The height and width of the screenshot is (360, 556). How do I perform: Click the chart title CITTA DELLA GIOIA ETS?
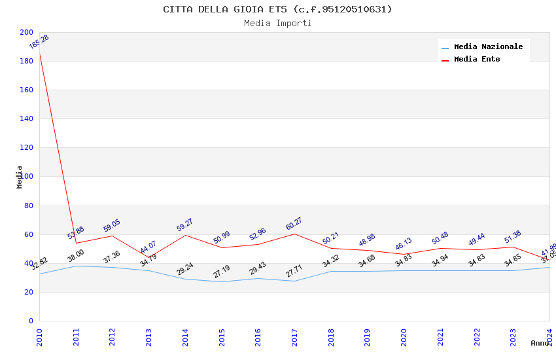[x=277, y=9]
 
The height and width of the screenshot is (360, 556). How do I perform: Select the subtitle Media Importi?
[x=277, y=24]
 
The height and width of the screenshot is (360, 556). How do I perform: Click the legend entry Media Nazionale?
[x=488, y=47]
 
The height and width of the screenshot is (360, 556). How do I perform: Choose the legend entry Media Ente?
[x=477, y=60]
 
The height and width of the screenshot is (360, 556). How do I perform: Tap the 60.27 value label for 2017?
[x=294, y=224]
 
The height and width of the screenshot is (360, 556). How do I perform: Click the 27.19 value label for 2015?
[x=222, y=272]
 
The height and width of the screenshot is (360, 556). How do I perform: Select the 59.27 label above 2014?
[x=185, y=225]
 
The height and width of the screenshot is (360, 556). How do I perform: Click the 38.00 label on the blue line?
[x=76, y=256]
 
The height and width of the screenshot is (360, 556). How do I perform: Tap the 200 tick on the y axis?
[x=26, y=32]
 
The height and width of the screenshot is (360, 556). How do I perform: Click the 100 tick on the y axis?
[x=26, y=177]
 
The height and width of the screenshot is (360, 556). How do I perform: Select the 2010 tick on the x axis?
[x=39, y=335]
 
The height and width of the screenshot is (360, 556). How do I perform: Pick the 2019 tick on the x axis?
[x=368, y=335]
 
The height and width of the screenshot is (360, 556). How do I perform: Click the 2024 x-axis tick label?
[x=549, y=335]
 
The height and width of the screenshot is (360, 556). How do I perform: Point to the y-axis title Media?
[x=20, y=177]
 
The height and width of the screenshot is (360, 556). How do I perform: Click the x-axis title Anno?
[x=540, y=343]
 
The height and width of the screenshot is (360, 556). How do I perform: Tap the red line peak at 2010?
[x=40, y=54]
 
